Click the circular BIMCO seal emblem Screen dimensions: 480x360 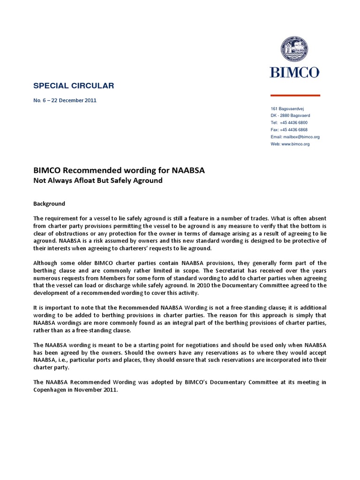click(x=294, y=50)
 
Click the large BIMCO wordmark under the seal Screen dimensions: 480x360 click(x=294, y=72)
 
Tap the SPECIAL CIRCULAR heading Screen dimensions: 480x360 click(x=74, y=85)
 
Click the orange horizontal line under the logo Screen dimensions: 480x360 click(x=295, y=95)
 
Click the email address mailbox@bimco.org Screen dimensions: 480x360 click(x=301, y=137)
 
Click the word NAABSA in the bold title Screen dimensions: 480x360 click(x=187, y=171)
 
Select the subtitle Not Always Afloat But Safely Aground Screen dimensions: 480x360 click(x=98, y=181)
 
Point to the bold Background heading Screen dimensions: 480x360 click(x=49, y=204)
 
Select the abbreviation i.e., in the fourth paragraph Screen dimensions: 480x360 click(x=65, y=360)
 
